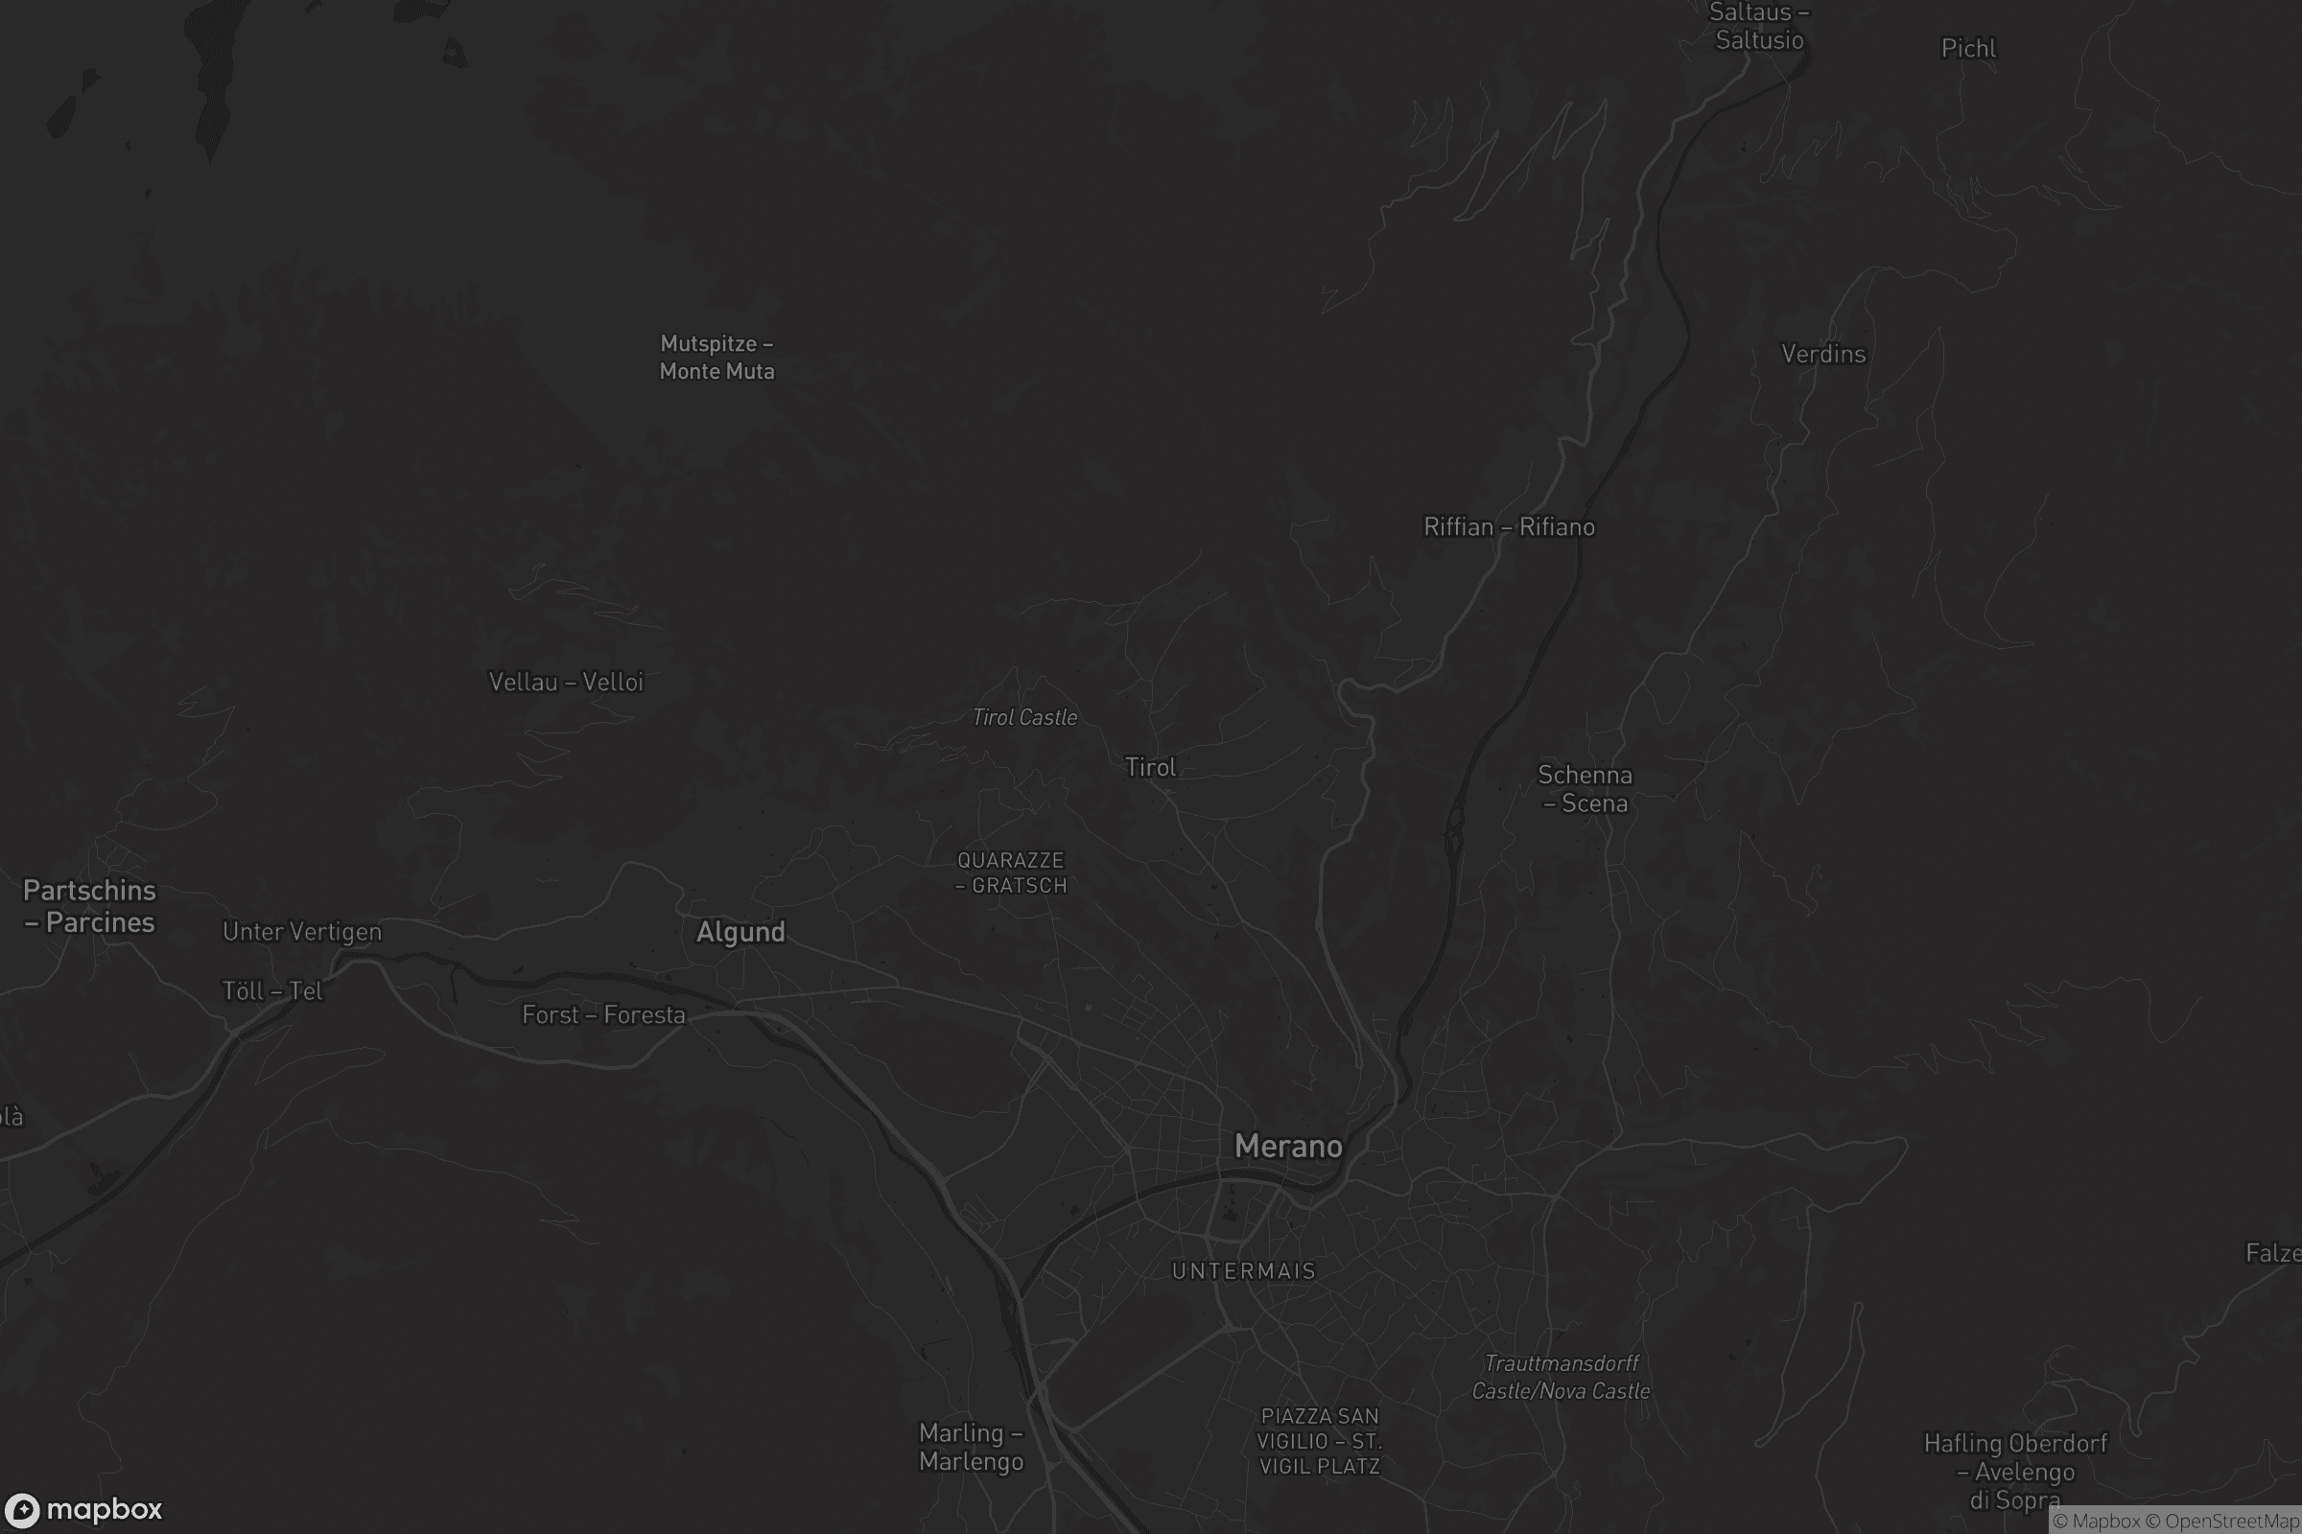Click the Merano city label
(x=1288, y=1146)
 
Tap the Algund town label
(x=740, y=931)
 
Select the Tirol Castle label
(x=1024, y=717)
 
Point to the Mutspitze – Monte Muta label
(x=716, y=357)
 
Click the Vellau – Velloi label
(x=566, y=682)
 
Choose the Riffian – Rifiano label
(x=1508, y=527)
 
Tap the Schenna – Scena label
(x=1585, y=788)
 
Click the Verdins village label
(x=1822, y=354)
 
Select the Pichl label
(x=1968, y=49)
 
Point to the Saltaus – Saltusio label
(x=1759, y=27)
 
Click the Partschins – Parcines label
(x=89, y=906)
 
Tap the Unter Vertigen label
(x=301, y=931)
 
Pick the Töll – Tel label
(x=272, y=991)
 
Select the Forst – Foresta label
(x=603, y=1014)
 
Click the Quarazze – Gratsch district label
(x=1011, y=872)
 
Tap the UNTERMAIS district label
(x=1243, y=1271)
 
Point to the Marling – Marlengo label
(x=971, y=1447)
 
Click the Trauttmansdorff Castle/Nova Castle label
(x=1562, y=1377)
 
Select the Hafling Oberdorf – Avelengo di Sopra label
(x=2015, y=1472)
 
